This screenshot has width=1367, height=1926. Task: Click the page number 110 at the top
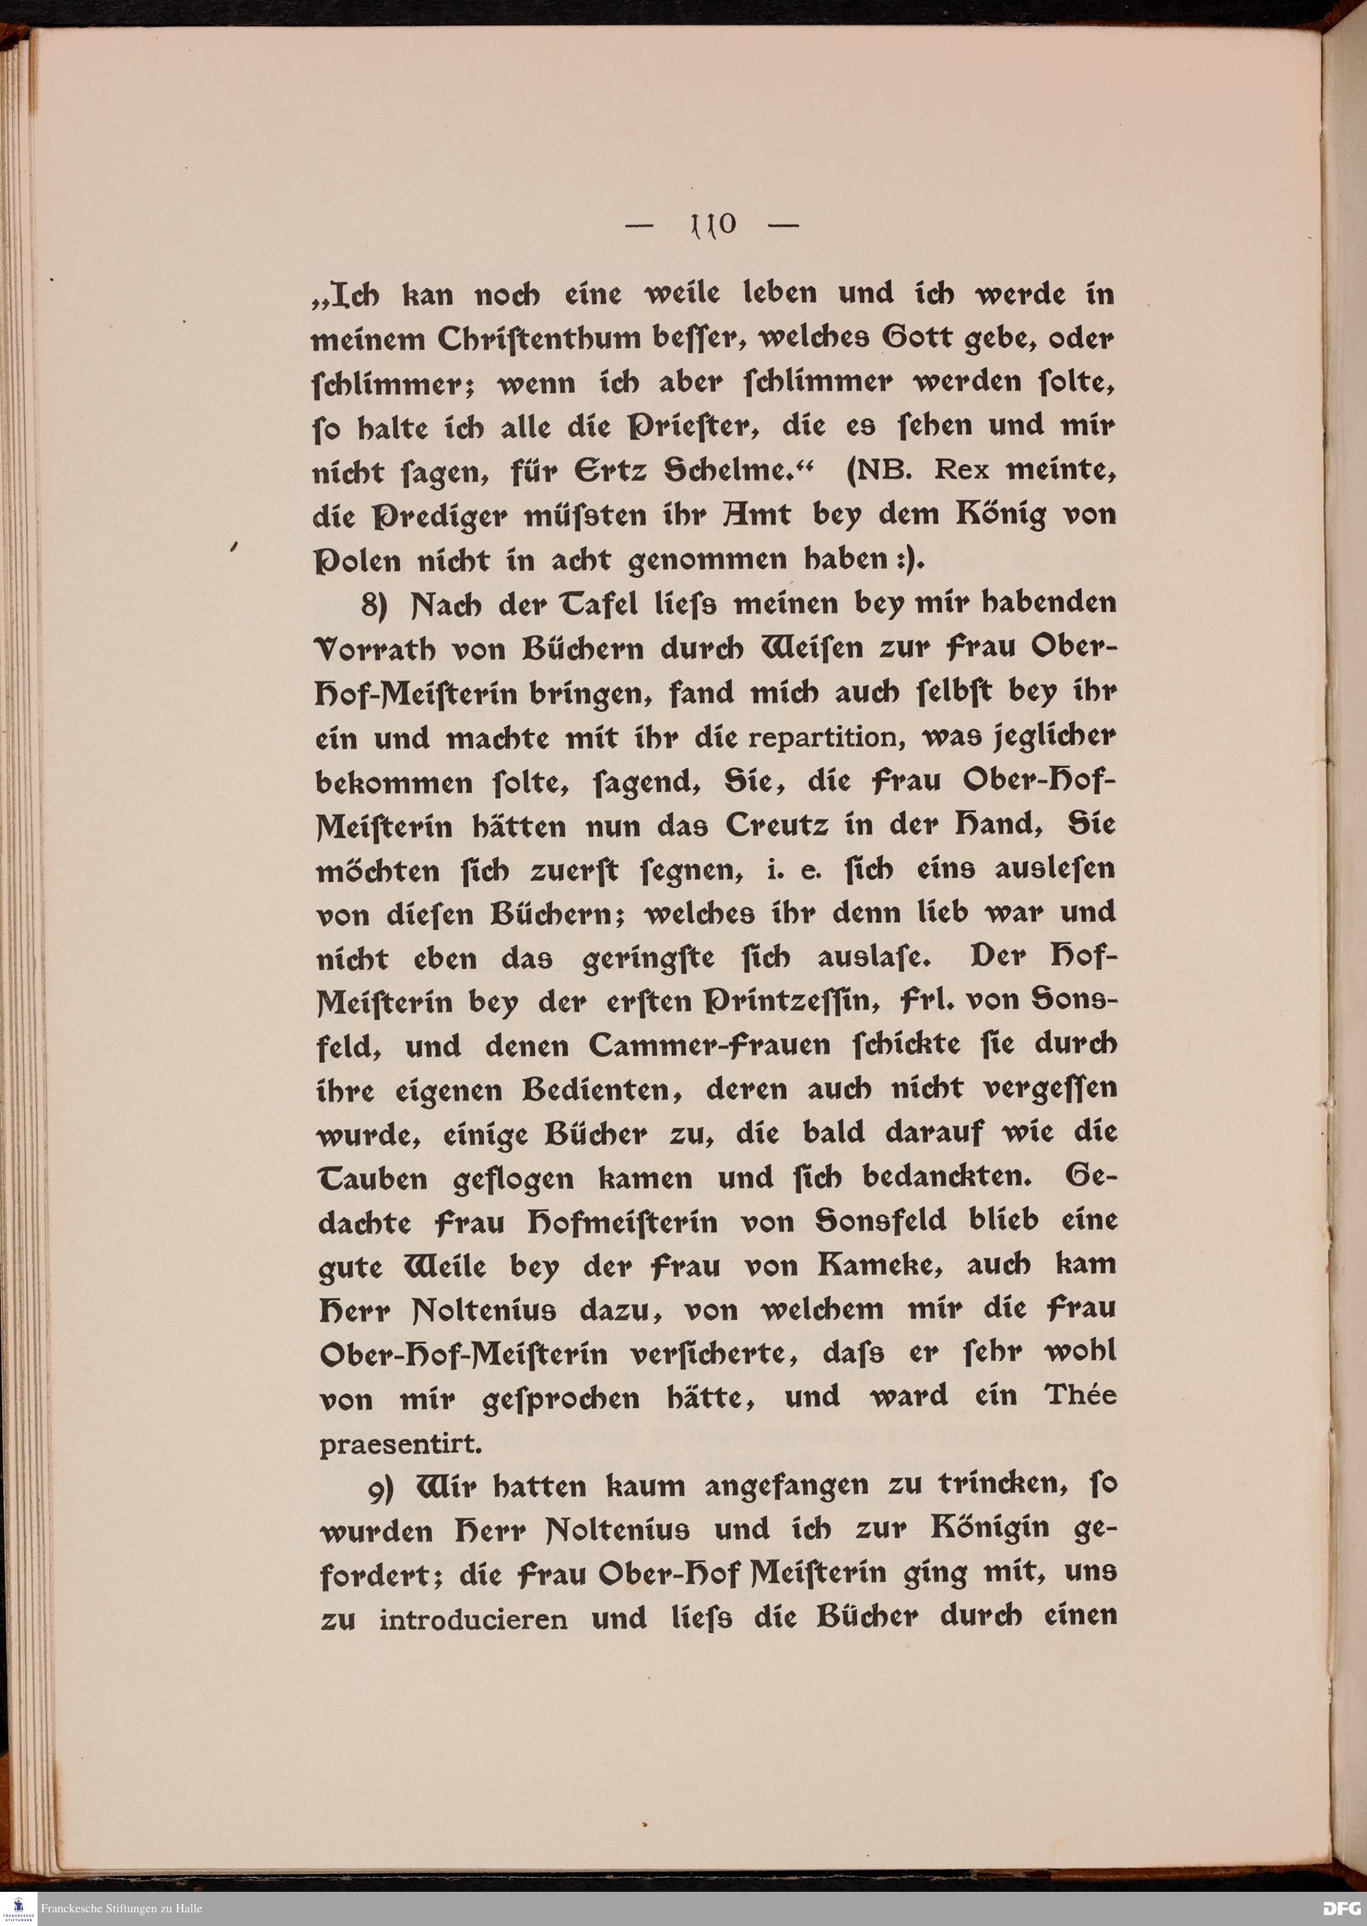713,225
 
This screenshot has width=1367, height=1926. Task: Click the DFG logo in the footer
1341,1908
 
